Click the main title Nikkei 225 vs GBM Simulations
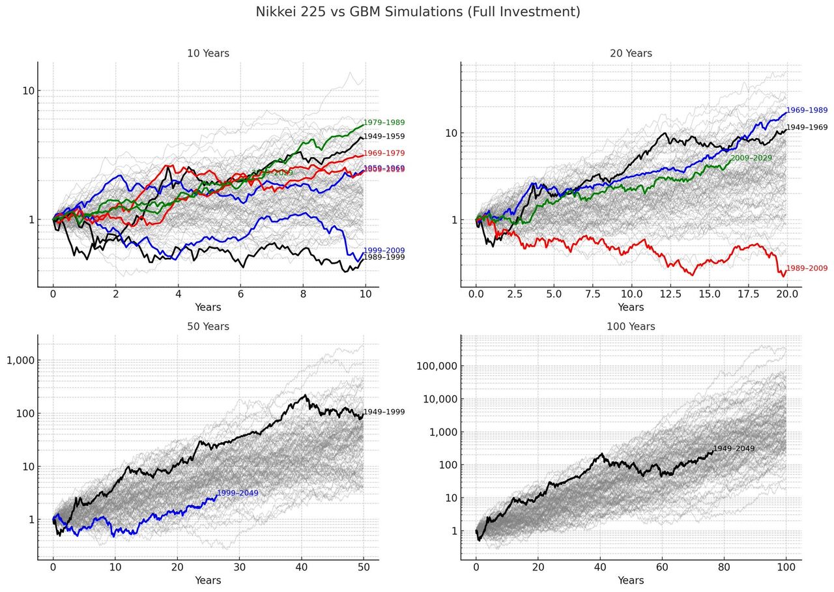click(417, 12)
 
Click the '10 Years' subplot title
click(208, 53)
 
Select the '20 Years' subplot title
click(631, 53)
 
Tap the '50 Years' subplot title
click(208, 326)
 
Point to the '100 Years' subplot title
click(631, 326)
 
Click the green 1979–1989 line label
click(384, 122)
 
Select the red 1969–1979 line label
click(384, 153)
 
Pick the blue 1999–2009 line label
click(384, 250)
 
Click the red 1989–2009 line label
click(807, 268)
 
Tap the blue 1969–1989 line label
click(807, 111)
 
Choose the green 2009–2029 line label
click(751, 158)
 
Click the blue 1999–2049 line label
click(237, 493)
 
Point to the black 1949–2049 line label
click(734, 449)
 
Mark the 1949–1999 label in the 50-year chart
click(384, 412)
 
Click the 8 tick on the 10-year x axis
click(303, 294)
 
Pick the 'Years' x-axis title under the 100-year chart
click(631, 580)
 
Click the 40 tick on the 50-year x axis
click(302, 567)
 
